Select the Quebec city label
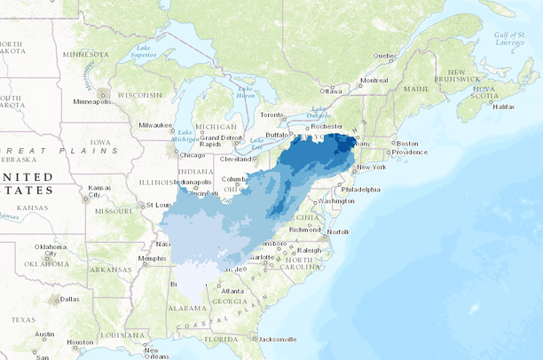[x=383, y=55]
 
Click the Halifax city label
[x=503, y=106]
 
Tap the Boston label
[x=407, y=144]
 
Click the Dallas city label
[x=71, y=299]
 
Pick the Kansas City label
[x=98, y=192]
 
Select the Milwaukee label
[x=156, y=125]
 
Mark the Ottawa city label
[x=330, y=91]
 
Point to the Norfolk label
[x=337, y=232]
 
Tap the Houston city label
[x=80, y=341]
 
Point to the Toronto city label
[x=269, y=115]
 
